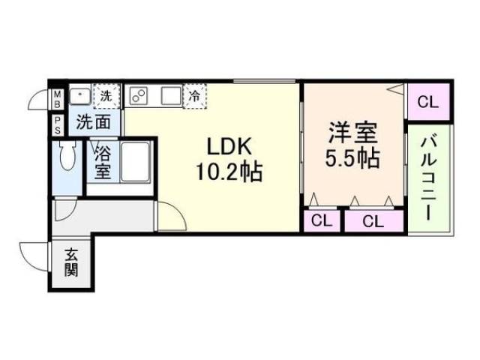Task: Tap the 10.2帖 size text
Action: tap(229, 172)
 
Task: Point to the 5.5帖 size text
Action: tap(352, 159)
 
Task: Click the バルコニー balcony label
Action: tap(428, 175)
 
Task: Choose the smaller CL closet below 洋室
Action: tap(322, 221)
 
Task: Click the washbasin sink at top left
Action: tap(79, 96)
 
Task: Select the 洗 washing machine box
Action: tap(107, 95)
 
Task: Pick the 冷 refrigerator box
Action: tap(194, 95)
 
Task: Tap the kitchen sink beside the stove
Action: tap(169, 95)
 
